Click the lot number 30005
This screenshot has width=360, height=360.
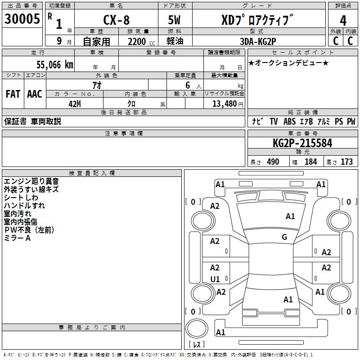(22, 19)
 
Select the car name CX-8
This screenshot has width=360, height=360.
(117, 20)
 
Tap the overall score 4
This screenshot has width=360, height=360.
(343, 21)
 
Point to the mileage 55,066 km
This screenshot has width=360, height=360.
(55, 65)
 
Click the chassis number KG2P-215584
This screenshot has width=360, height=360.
(302, 143)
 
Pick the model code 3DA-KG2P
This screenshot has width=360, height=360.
(258, 41)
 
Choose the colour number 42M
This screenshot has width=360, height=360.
(75, 104)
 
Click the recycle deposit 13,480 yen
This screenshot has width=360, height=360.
(228, 104)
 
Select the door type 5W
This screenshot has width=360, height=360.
(174, 20)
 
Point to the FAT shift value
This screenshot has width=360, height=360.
(13, 94)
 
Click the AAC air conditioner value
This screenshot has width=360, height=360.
(35, 94)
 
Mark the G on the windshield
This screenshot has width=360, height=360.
(284, 237)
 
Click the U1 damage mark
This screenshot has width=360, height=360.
(215, 279)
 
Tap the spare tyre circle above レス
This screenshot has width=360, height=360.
(197, 328)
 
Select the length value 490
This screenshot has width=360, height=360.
(273, 162)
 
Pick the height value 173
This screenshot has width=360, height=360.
(346, 162)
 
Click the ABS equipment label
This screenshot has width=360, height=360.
(289, 121)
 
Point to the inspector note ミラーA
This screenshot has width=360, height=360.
(17, 238)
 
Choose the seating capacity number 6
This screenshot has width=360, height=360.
(188, 85)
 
